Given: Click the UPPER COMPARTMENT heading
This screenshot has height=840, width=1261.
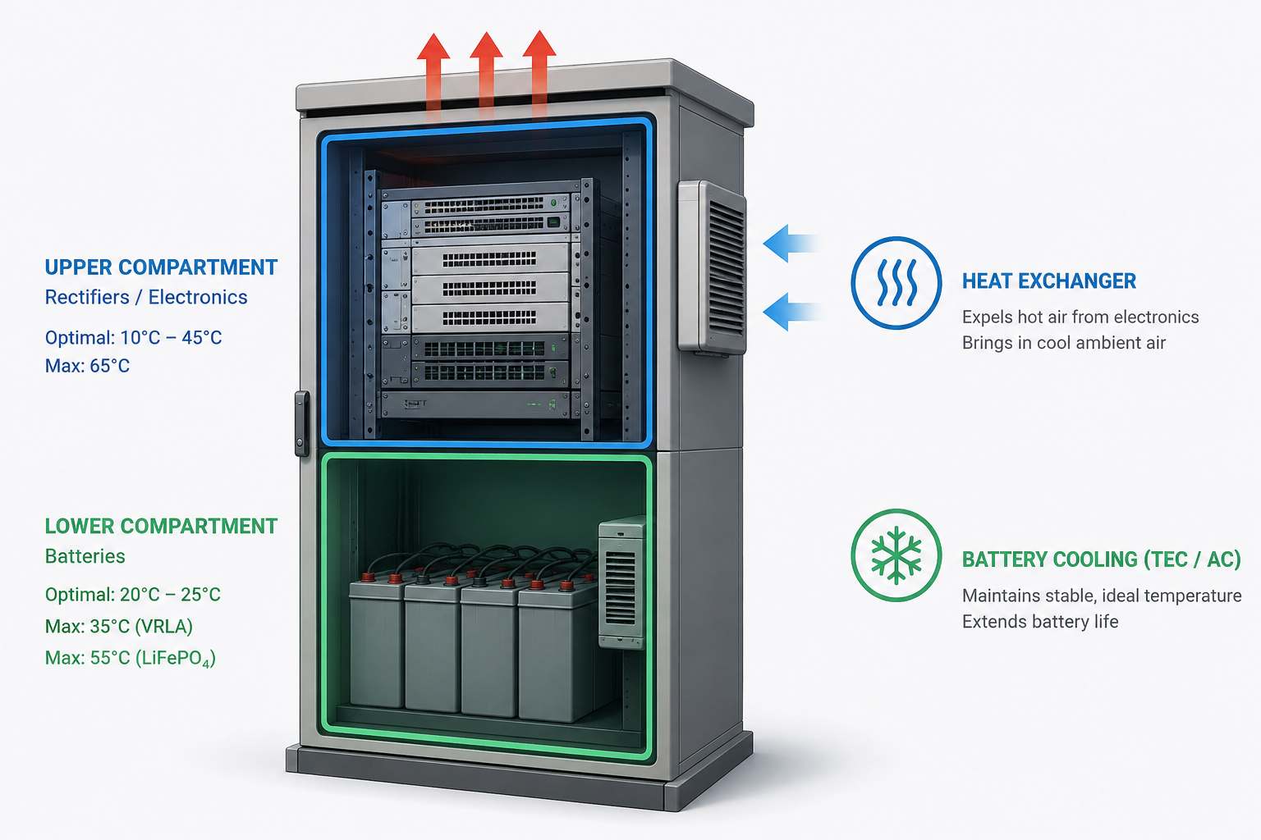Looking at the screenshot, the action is click(x=161, y=267).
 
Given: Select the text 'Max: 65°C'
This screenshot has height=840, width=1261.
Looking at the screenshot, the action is click(x=87, y=366).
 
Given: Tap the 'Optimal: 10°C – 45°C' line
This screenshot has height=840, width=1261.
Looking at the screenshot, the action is click(x=134, y=338).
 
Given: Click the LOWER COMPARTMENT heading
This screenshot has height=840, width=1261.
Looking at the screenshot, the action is click(x=161, y=526).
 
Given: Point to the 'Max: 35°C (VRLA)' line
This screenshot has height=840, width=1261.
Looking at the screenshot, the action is click(x=119, y=626).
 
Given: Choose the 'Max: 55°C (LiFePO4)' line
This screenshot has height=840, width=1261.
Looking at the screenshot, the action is click(x=130, y=658).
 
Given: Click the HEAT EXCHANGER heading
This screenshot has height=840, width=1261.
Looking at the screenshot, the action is click(x=1048, y=281).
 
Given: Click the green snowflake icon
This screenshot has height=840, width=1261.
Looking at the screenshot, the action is click(x=896, y=555).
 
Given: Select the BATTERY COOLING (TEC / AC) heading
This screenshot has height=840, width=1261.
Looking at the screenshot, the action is click(x=1101, y=559).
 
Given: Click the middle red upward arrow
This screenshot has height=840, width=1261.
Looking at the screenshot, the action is click(x=486, y=76).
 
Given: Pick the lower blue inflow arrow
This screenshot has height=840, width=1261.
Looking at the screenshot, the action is click(x=792, y=311).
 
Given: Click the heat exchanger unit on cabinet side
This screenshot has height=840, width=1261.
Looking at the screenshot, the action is click(x=712, y=267).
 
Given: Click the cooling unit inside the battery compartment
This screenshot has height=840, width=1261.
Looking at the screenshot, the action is click(x=622, y=582).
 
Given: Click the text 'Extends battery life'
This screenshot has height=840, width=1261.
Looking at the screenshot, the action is click(x=1040, y=622).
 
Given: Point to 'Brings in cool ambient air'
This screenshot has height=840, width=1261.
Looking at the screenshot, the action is click(x=1063, y=343).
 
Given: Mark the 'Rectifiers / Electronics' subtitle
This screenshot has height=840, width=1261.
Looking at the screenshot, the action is click(x=146, y=297).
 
